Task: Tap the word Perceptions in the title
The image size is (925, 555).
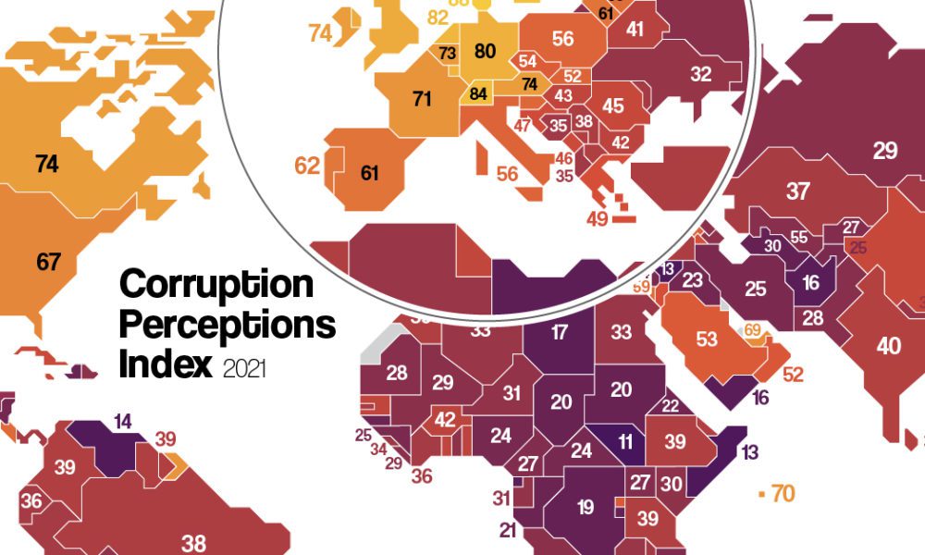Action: coord(227,325)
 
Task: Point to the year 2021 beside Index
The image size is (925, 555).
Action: coord(244,369)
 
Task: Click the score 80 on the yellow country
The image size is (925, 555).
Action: coord(485,52)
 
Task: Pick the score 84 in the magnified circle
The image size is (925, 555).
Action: coord(478,94)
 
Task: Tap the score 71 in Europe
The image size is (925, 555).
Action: coord(422,98)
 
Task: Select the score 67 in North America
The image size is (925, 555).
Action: coord(48,261)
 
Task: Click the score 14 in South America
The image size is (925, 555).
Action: coord(122,422)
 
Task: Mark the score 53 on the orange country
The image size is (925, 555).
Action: coord(707,339)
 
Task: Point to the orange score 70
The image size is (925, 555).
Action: coord(783,494)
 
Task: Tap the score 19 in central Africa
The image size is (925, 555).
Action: coord(584,506)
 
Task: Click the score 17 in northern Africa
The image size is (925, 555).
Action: coord(559,333)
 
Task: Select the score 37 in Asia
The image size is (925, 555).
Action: coord(797,192)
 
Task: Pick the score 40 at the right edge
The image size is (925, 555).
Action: coord(889,346)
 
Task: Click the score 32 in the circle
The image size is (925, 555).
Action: coord(701,74)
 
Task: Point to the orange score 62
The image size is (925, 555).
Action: coord(307,166)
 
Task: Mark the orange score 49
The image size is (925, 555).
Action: coord(597,219)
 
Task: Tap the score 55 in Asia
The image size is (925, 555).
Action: coord(799,237)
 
